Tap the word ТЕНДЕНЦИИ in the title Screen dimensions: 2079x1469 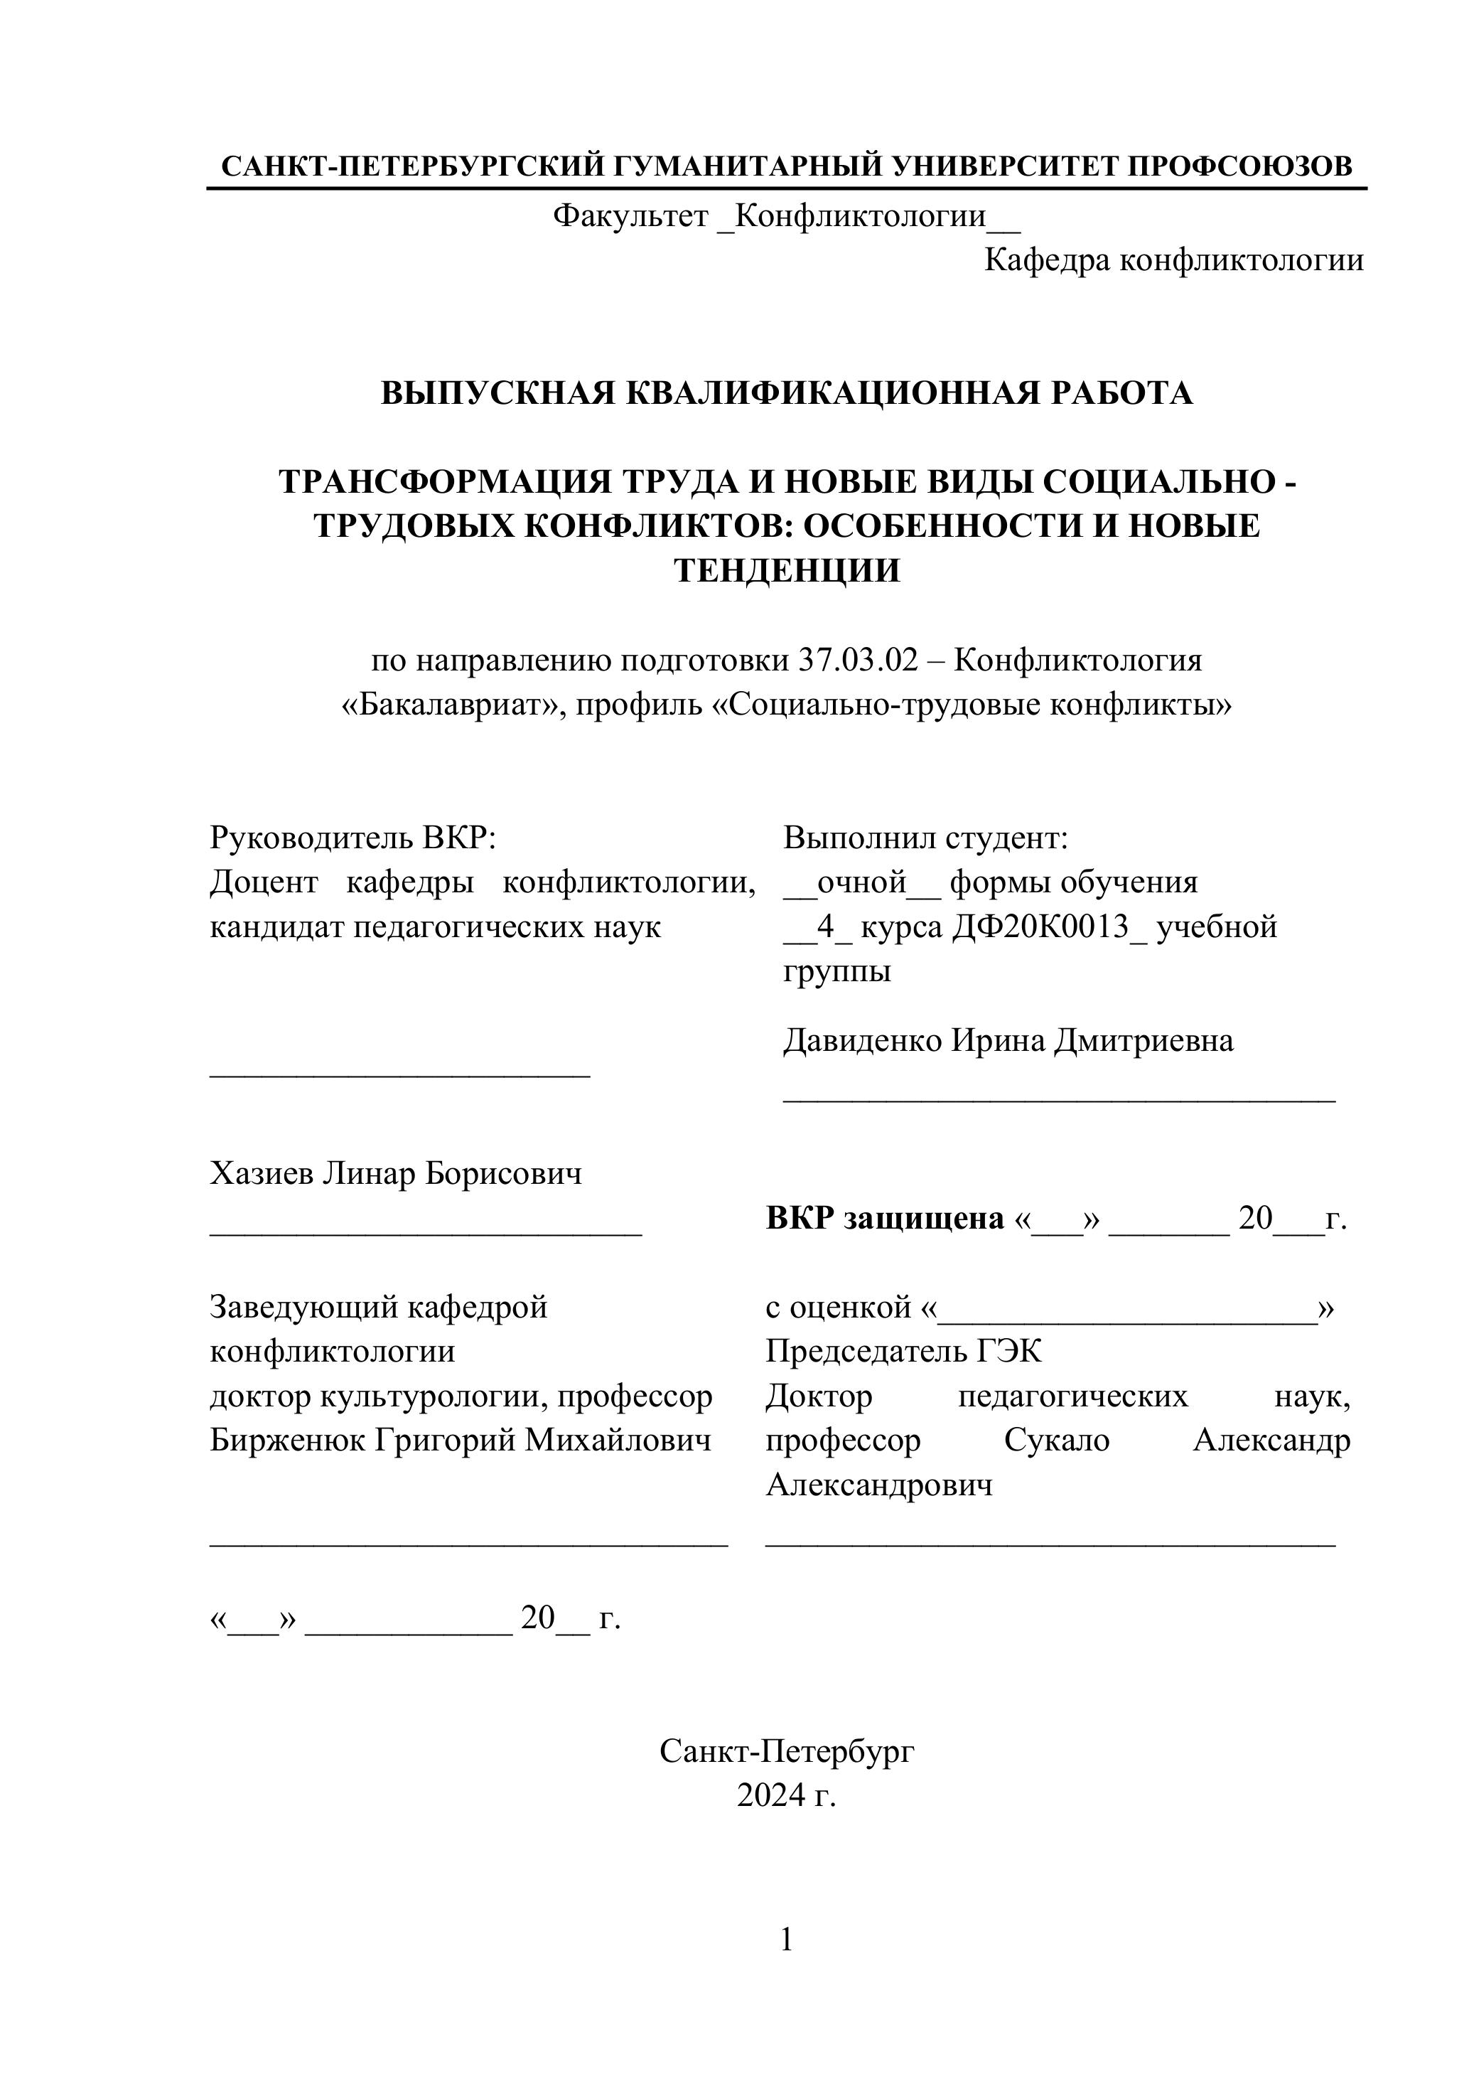[787, 570]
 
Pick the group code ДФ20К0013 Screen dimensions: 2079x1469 [1048, 926]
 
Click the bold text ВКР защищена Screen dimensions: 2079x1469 [884, 1219]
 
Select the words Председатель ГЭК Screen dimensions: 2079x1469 [903, 1351]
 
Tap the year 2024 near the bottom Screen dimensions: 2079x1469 [770, 1795]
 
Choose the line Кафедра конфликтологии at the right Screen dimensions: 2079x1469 [1173, 261]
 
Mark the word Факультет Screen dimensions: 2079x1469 [630, 216]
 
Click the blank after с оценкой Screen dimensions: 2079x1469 [1127, 1308]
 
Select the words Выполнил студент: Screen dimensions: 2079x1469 [925, 838]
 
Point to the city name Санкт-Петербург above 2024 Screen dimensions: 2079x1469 [787, 1751]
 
